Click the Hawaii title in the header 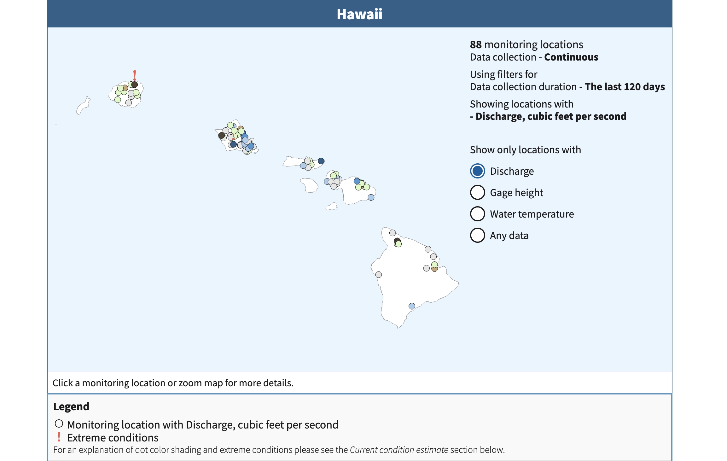tap(359, 14)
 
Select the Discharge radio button tap(477, 171)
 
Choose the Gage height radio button tap(477, 192)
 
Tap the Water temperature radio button tap(477, 214)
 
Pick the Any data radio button tap(477, 235)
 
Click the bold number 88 tap(475, 45)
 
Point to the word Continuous tap(571, 57)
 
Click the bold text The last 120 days tap(625, 87)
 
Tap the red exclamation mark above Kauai tap(135, 75)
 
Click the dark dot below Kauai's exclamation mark tap(135, 85)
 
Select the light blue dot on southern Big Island tap(412, 306)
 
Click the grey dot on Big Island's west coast tap(379, 275)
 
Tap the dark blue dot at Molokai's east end tap(321, 161)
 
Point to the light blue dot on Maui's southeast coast tap(371, 197)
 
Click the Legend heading tap(71, 406)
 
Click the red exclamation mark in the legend tap(59, 437)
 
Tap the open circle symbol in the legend tap(59, 423)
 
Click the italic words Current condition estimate tap(399, 450)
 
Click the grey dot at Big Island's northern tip tap(393, 233)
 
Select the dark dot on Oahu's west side tap(222, 135)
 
